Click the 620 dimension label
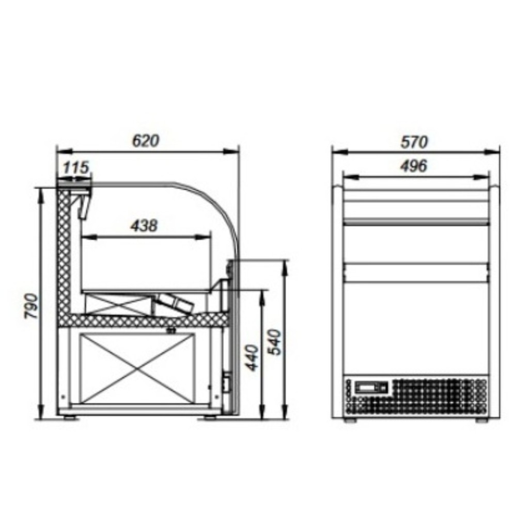point(145,141)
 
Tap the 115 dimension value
point(76,167)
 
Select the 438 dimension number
point(144,226)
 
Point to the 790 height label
point(32,306)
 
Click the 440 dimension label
point(252,357)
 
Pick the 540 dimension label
point(274,342)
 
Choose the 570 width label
point(414,142)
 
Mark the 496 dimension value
point(414,166)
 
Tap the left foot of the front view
point(350,421)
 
